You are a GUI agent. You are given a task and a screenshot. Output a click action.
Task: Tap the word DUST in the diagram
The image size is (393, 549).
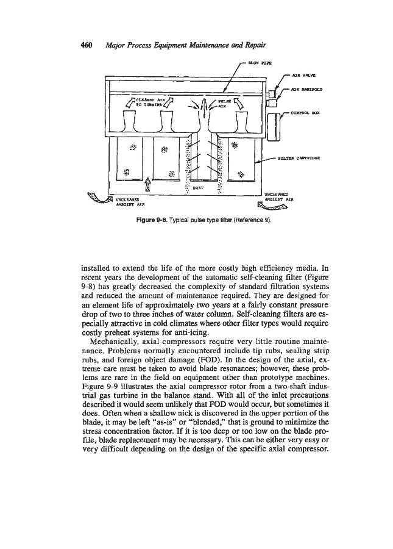[198, 188]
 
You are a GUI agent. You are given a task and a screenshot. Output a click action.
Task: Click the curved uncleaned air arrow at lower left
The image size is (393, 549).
[92, 196]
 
